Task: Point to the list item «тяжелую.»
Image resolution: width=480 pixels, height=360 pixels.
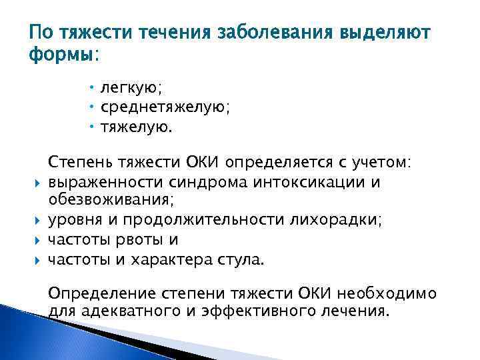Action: click(135, 127)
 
